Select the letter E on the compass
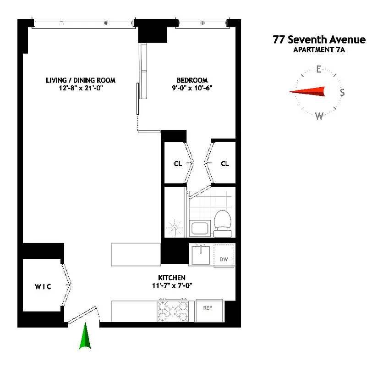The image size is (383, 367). [x=318, y=70]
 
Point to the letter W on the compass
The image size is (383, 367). [x=319, y=116]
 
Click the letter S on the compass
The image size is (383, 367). [x=342, y=93]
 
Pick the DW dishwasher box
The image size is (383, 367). [x=224, y=259]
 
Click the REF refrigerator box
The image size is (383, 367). [x=209, y=307]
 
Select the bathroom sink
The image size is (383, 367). [x=200, y=228]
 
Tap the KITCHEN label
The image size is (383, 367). [x=172, y=278]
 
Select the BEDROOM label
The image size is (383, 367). [x=192, y=80]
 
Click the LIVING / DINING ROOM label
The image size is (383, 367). [x=81, y=80]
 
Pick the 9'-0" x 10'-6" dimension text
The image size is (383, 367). [x=192, y=88]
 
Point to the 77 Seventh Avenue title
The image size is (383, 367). [x=319, y=40]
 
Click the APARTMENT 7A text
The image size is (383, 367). [x=319, y=50]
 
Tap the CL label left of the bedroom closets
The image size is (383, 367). [x=178, y=164]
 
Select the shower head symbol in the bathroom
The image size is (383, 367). [x=175, y=227]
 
